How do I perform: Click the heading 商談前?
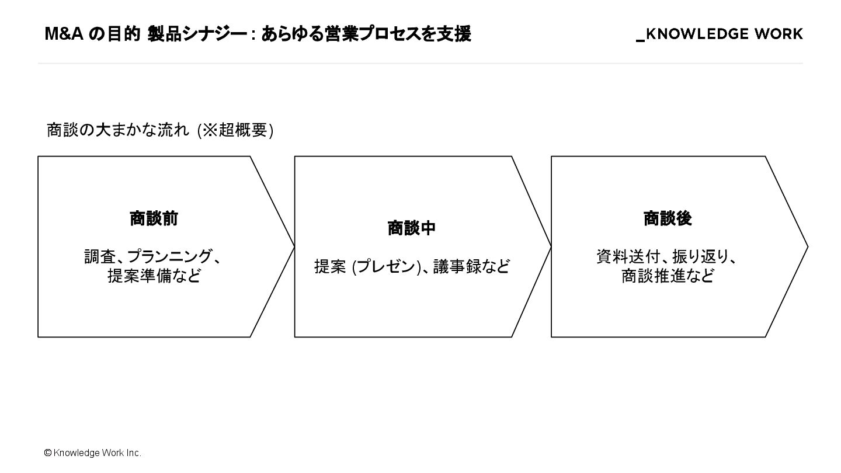[x=154, y=219]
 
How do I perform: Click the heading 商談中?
[x=412, y=228]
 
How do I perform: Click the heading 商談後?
[x=668, y=219]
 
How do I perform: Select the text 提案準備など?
[x=154, y=276]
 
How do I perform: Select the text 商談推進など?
[x=668, y=276]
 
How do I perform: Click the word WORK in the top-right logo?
[x=779, y=34]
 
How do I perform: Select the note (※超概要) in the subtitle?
[x=235, y=130]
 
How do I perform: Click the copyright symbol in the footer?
[x=48, y=453]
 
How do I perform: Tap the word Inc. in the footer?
[x=133, y=453]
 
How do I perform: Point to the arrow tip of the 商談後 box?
[x=806, y=247]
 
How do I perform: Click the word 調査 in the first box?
[x=100, y=257]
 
